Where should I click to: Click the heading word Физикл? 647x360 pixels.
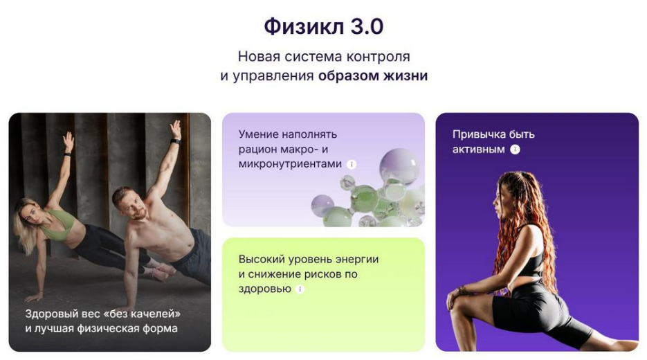(304, 26)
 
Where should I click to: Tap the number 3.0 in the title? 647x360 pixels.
(367, 26)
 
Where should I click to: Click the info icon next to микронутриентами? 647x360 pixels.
(352, 164)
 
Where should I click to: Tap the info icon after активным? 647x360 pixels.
(515, 150)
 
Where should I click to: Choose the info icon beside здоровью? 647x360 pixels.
(300, 289)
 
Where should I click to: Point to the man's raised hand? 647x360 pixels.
(176, 129)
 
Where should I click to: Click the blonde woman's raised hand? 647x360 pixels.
(68, 142)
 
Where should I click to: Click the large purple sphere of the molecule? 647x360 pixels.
(399, 166)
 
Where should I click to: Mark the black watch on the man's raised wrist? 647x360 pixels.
(175, 142)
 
